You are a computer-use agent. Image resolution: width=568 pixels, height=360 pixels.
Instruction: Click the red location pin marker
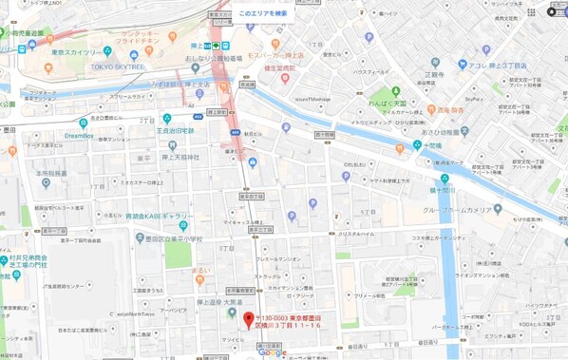(x=249, y=319)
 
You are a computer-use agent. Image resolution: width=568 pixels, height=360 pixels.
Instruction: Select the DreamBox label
(x=80, y=135)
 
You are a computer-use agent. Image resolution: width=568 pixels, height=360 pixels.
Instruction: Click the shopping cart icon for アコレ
(x=462, y=65)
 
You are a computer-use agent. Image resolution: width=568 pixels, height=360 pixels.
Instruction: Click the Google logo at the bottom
(x=272, y=351)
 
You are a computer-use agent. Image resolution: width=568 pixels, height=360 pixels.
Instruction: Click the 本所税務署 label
(x=52, y=174)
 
